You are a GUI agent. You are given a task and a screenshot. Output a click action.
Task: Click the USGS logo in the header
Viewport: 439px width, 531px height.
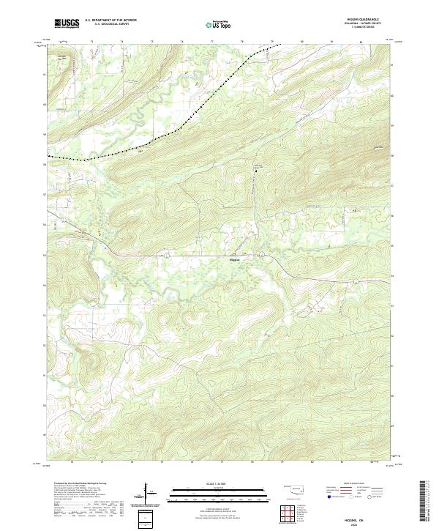coord(67,23)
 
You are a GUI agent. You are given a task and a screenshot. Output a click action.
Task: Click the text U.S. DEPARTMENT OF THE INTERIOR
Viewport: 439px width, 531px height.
coord(110,21)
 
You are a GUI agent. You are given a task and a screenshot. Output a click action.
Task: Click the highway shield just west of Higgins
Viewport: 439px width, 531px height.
coord(167,255)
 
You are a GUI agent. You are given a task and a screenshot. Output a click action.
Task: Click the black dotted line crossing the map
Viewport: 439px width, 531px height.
coord(183,129)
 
